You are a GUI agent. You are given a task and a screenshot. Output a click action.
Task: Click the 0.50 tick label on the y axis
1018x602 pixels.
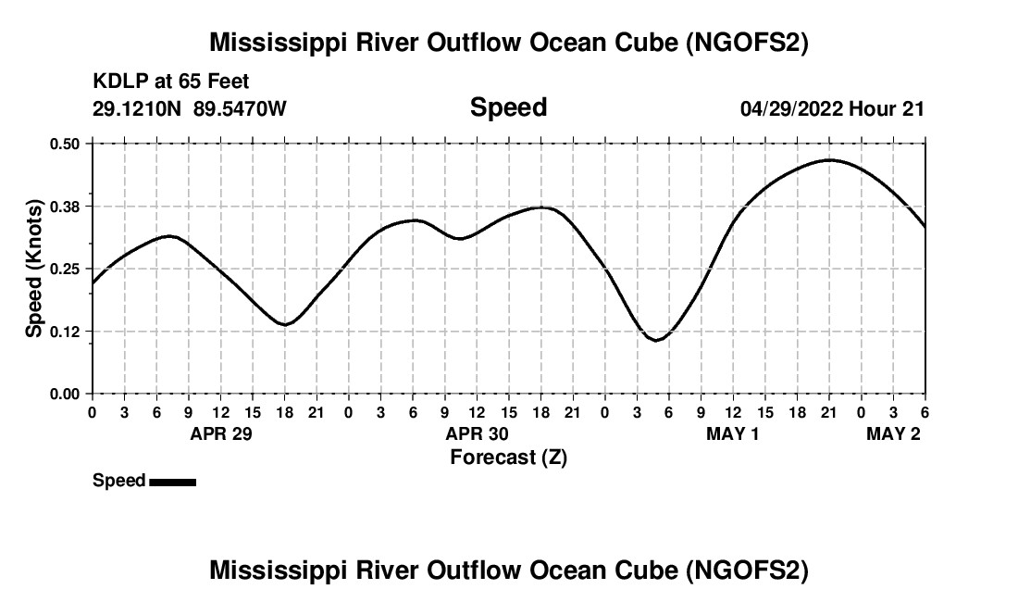[66, 144]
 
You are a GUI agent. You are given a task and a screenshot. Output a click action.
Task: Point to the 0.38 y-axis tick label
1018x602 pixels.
[66, 206]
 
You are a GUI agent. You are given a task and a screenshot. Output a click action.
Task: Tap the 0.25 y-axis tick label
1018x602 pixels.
[66, 269]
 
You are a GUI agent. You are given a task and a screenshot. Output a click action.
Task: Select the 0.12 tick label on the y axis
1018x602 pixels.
[66, 332]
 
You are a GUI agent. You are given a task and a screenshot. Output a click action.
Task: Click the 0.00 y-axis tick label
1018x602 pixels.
[66, 395]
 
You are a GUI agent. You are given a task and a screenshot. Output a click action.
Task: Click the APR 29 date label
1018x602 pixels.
[221, 434]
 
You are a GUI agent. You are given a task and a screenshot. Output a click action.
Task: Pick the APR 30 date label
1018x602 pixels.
[478, 434]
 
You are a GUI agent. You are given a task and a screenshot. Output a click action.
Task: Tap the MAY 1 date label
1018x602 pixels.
[732, 434]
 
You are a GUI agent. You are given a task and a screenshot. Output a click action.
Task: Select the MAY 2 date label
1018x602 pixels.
[893, 434]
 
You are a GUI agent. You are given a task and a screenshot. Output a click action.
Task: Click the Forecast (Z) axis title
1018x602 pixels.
[508, 458]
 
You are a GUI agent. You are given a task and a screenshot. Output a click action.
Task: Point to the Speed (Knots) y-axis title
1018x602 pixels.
[34, 269]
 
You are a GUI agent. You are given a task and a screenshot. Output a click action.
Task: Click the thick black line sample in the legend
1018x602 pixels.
[172, 482]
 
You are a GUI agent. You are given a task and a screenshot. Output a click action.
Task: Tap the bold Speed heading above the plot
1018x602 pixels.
[508, 107]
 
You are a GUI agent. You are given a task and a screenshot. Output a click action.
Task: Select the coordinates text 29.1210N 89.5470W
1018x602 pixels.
[190, 109]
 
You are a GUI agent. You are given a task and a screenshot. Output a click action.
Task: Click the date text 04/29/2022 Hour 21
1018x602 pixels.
[832, 109]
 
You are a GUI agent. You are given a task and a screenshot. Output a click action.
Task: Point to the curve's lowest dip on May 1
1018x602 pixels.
[656, 340]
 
